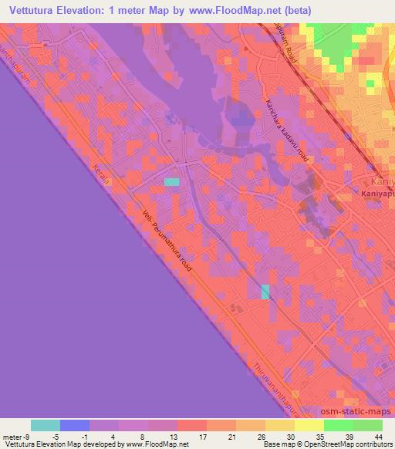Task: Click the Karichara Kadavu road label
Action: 287,131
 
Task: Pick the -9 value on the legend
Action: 25,436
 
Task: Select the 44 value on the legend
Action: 377,436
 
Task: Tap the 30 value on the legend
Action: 289,436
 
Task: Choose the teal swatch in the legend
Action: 46,425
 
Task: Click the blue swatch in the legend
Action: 75,425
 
